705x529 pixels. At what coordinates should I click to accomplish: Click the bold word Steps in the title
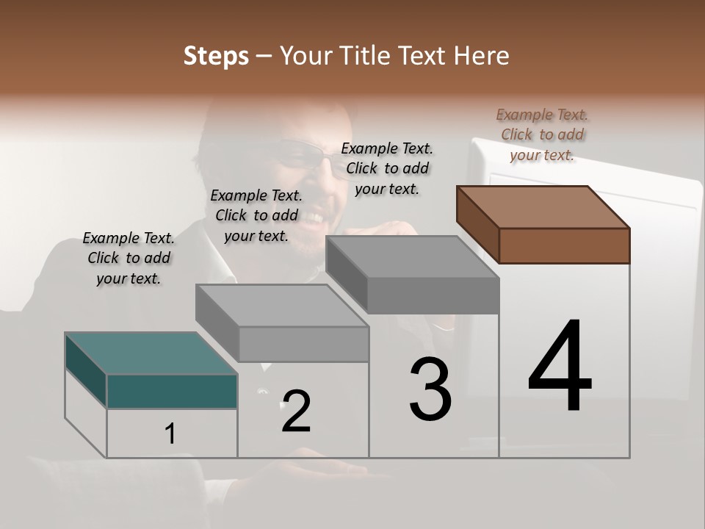pyautogui.click(x=216, y=56)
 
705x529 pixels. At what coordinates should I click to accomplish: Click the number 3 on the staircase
pyautogui.click(x=430, y=389)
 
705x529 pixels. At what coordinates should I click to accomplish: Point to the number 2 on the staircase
pyautogui.click(x=296, y=411)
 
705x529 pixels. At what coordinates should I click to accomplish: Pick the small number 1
pyautogui.click(x=170, y=434)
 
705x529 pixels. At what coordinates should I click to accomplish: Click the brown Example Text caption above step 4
pyautogui.click(x=542, y=134)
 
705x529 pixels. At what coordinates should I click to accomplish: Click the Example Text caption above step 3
pyautogui.click(x=387, y=168)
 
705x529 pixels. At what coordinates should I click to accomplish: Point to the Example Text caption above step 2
pyautogui.click(x=256, y=215)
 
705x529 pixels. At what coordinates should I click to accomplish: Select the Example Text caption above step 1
pyautogui.click(x=129, y=258)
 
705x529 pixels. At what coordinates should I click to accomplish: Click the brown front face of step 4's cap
pyautogui.click(x=564, y=245)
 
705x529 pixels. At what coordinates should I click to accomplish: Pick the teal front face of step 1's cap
pyautogui.click(x=172, y=391)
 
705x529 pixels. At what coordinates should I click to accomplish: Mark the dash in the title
pyautogui.click(x=265, y=56)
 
